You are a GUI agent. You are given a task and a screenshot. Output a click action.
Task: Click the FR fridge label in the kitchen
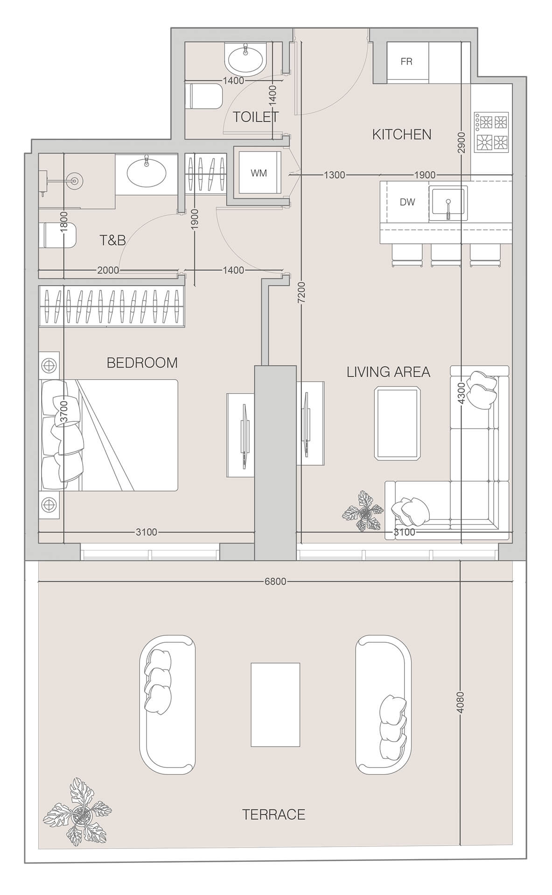[x=406, y=62]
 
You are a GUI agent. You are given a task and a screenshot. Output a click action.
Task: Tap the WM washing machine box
[x=259, y=173]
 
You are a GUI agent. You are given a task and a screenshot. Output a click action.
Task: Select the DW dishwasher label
[x=407, y=202]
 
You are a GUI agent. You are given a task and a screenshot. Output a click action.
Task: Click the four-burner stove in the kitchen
[x=491, y=132]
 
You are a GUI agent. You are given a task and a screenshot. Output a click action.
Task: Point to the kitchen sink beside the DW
[x=447, y=204]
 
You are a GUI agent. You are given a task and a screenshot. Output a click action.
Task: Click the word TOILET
[x=255, y=117]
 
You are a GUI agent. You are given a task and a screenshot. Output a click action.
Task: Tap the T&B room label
[x=112, y=240]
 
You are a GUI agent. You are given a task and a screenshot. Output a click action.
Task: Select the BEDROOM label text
[x=142, y=363]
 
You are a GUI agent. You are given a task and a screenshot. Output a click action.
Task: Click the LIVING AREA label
[x=388, y=372]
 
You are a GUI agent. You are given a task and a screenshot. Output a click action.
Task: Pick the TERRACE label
[x=273, y=814]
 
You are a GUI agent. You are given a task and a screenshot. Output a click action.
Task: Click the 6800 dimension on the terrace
[x=275, y=581]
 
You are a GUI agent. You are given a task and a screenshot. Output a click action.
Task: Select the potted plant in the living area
[x=363, y=513]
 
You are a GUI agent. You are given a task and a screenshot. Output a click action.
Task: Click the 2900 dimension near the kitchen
[x=461, y=143]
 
